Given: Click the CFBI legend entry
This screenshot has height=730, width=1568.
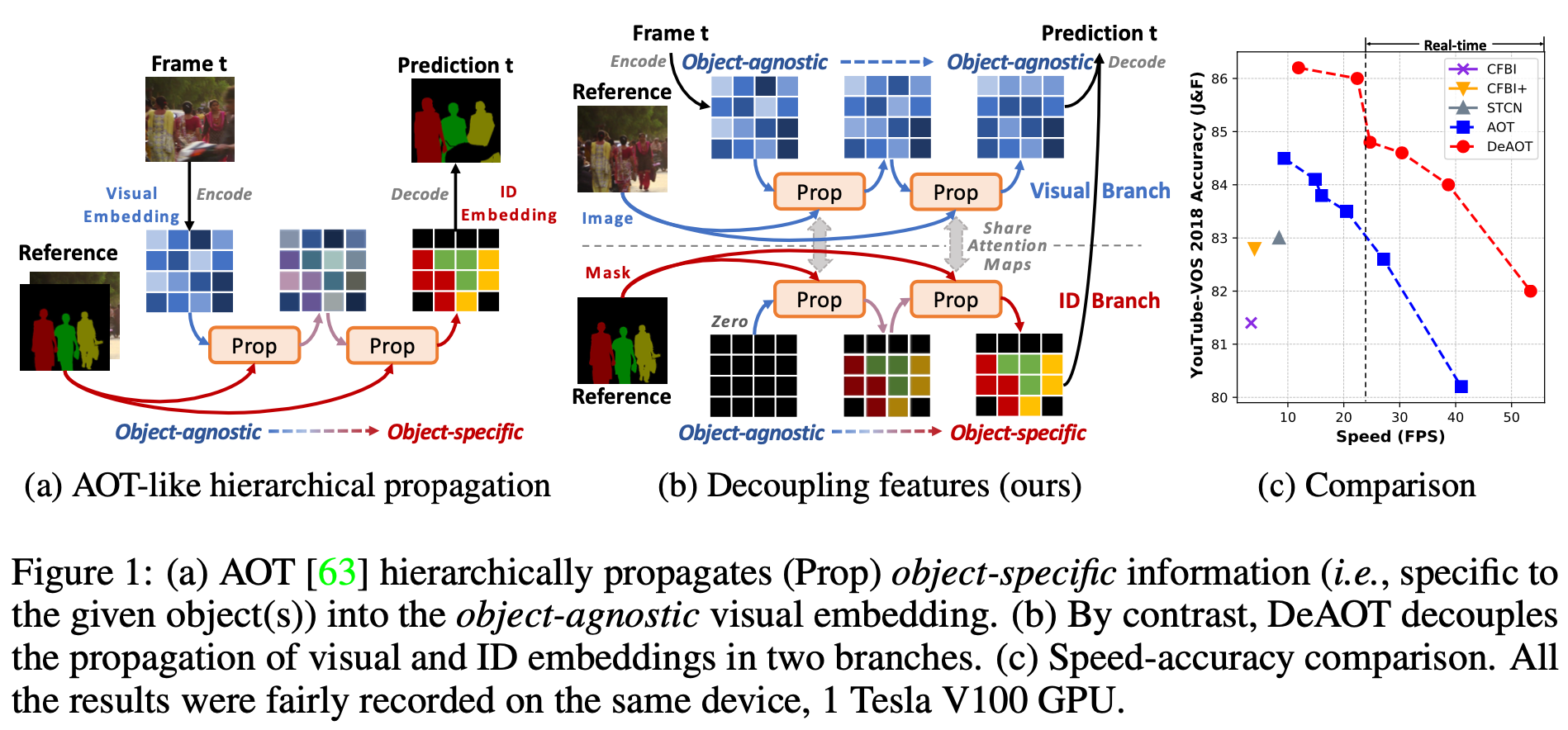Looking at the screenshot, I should (1500, 69).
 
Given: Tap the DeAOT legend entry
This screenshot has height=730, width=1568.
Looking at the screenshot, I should (1509, 147).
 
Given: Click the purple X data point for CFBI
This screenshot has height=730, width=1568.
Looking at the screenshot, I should (1251, 323).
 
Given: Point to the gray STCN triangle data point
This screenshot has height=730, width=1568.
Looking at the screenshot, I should (1279, 238).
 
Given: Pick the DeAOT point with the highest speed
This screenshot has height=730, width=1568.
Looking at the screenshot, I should (1530, 292).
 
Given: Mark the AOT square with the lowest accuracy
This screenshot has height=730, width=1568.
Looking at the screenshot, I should (1461, 386).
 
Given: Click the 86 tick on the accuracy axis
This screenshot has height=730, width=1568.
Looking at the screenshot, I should (1219, 79).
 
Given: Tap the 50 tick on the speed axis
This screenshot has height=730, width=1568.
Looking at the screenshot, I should (1511, 418).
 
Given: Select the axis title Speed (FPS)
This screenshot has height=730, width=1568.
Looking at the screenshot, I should (1390, 437).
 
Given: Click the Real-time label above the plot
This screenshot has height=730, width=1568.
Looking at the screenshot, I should (1455, 45).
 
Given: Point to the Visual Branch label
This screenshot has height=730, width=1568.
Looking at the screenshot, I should (1100, 192).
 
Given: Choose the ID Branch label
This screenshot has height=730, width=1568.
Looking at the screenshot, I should (1109, 301).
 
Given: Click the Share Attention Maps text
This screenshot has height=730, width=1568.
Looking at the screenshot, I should (1007, 246).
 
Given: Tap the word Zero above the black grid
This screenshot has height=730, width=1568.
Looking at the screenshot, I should (729, 322).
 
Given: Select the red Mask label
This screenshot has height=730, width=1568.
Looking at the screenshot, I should (608, 273).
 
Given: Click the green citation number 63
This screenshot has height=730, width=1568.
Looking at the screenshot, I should (336, 572).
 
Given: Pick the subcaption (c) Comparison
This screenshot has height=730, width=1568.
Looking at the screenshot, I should (1366, 486).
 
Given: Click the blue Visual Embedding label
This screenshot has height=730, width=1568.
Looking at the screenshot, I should (131, 205).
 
